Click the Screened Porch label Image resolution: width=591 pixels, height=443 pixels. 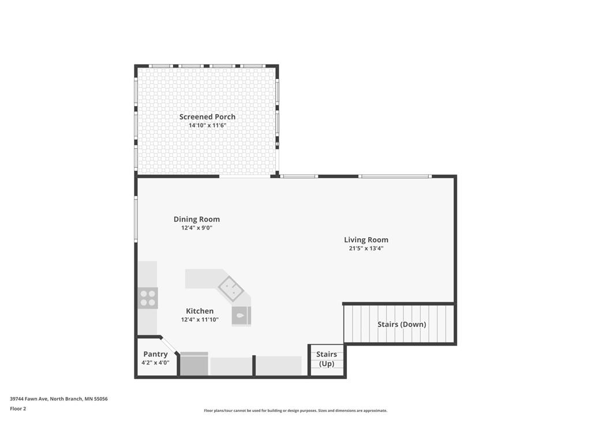[x=207, y=117]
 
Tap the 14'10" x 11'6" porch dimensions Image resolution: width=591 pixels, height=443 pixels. [x=207, y=125]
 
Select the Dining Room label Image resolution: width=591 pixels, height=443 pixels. [x=197, y=219]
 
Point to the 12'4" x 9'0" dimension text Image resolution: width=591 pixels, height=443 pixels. [x=197, y=228]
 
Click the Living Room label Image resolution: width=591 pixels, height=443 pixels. [x=366, y=239]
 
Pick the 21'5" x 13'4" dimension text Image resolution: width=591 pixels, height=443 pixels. [x=366, y=248]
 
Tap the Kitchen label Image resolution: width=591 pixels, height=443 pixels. [x=200, y=311]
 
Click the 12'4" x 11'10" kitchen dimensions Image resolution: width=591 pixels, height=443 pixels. [x=200, y=320]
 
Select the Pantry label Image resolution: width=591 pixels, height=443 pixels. [x=155, y=355]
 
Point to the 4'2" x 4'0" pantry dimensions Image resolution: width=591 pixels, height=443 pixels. [x=155, y=363]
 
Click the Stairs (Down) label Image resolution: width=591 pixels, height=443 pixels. [x=402, y=324]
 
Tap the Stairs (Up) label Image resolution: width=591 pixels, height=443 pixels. [x=327, y=359]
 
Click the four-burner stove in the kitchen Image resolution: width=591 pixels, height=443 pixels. [x=148, y=298]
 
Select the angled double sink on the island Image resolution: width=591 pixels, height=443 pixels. [x=231, y=289]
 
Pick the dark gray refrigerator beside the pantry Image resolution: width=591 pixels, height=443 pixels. [x=194, y=364]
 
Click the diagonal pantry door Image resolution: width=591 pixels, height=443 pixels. [x=169, y=346]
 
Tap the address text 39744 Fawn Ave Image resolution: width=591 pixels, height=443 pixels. [x=29, y=399]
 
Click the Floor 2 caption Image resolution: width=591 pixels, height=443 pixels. [x=18, y=409]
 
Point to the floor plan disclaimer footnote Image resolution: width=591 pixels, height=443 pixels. [x=295, y=411]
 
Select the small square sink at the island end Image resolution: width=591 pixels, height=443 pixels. [x=241, y=316]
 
